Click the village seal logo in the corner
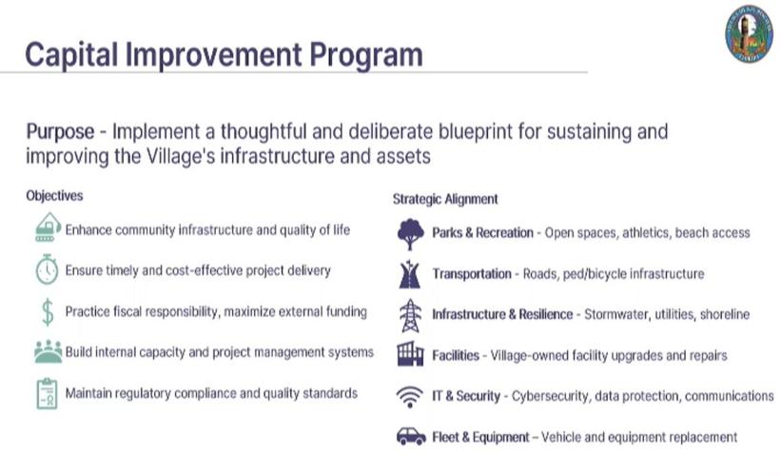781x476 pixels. pyautogui.click(x=748, y=33)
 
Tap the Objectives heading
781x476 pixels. pyautogui.click(x=54, y=196)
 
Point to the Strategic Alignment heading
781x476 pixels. pyautogui.click(x=445, y=199)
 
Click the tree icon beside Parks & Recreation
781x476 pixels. pyautogui.click(x=410, y=232)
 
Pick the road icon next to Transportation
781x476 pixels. pyautogui.click(x=410, y=273)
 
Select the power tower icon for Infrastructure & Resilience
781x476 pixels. pyautogui.click(x=410, y=314)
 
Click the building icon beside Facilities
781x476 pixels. pyautogui.click(x=410, y=355)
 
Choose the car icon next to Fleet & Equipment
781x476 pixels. pyautogui.click(x=410, y=437)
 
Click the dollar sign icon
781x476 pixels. pyautogui.click(x=47, y=311)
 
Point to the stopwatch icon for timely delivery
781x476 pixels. pyautogui.click(x=47, y=270)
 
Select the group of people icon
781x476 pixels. pyautogui.click(x=47, y=352)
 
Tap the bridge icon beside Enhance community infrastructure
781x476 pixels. pyautogui.click(x=47, y=228)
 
